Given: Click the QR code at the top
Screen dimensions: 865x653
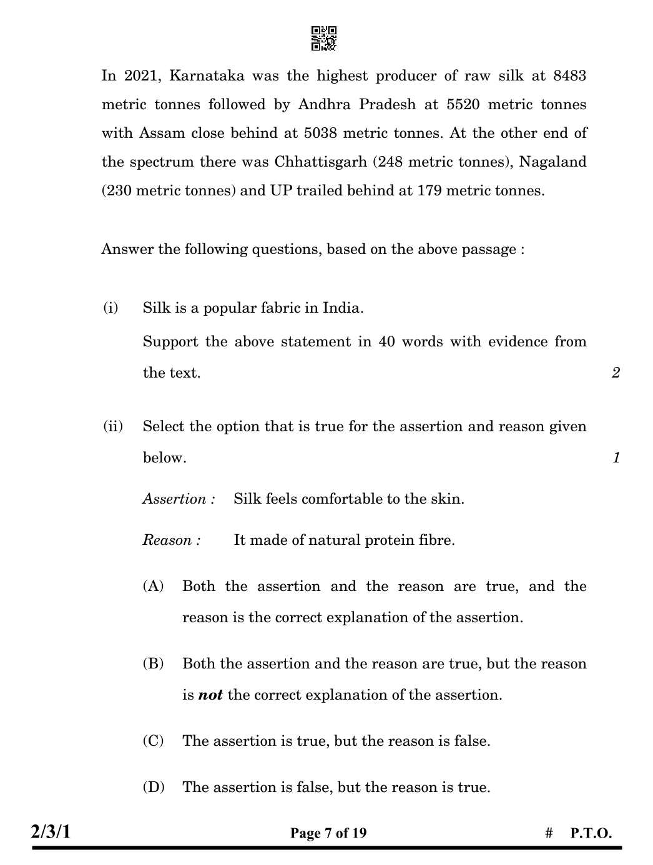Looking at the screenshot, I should click(323, 38).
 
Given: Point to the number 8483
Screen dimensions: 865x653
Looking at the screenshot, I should click(569, 76).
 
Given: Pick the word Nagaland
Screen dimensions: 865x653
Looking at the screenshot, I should click(552, 162).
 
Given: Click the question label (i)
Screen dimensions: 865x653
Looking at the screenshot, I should click(110, 308).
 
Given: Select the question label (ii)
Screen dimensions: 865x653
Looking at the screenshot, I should click(112, 426).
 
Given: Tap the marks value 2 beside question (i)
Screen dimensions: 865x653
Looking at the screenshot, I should click(616, 373).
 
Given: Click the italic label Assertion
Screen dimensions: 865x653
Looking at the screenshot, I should click(179, 499).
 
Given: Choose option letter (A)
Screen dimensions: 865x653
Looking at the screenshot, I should click(153, 586).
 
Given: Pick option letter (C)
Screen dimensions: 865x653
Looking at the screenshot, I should click(153, 741).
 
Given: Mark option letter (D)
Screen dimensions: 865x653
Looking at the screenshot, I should click(153, 787).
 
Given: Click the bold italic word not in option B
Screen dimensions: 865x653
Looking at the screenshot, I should click(210, 695).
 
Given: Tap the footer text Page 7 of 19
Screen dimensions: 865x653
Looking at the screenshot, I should click(328, 833).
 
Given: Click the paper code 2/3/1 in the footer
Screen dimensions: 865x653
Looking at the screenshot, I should click(51, 832).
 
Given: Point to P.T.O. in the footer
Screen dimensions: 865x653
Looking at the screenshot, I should click(591, 833).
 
